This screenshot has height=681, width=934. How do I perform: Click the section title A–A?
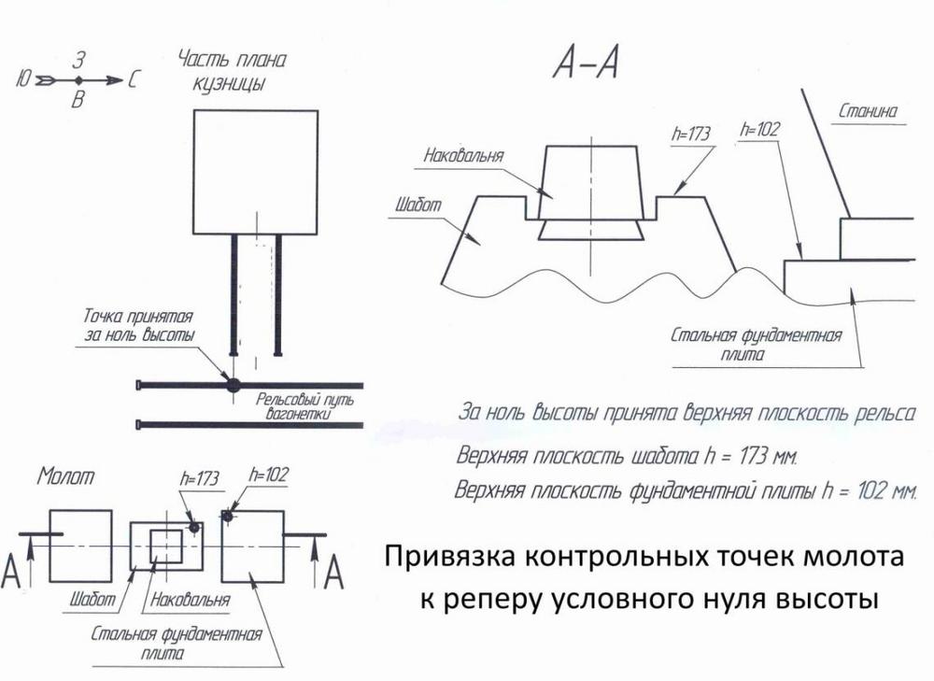click(x=587, y=64)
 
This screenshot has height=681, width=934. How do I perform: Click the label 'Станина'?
click(x=868, y=111)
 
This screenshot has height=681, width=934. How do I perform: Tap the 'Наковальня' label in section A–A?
click(x=463, y=155)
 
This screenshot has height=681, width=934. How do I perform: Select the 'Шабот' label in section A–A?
click(x=418, y=205)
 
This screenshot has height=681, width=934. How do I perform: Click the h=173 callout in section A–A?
click(x=691, y=134)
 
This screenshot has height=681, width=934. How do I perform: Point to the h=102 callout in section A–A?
click(x=759, y=129)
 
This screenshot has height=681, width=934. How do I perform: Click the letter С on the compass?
click(x=133, y=79)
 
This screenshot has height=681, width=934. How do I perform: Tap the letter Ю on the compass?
click(x=24, y=79)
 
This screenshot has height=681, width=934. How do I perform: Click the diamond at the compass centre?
click(x=78, y=79)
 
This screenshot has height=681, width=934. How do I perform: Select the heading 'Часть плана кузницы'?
click(x=232, y=72)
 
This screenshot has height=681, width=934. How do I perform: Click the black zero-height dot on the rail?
click(x=233, y=385)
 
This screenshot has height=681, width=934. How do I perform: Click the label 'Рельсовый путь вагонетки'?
click(x=304, y=405)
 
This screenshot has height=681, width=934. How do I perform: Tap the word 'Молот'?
click(x=65, y=476)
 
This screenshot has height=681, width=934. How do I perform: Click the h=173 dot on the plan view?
click(x=193, y=527)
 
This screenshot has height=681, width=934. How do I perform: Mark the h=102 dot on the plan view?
click(x=227, y=516)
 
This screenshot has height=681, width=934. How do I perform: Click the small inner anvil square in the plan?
click(x=166, y=546)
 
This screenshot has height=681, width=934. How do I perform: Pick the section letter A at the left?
click(x=11, y=570)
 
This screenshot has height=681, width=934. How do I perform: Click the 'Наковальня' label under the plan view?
click(x=190, y=599)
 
